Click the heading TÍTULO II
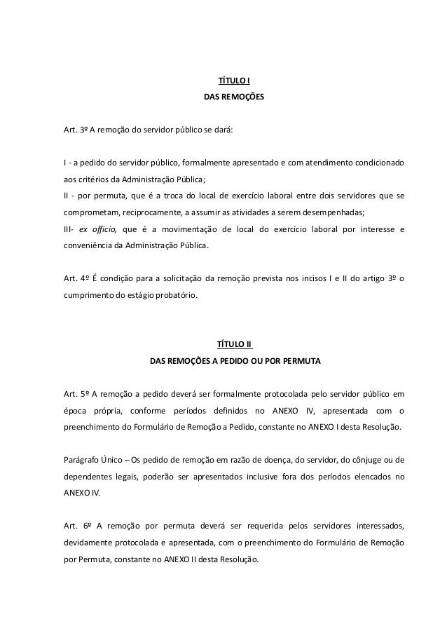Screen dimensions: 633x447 [x=234, y=344]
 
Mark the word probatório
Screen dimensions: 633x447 [x=174, y=296]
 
